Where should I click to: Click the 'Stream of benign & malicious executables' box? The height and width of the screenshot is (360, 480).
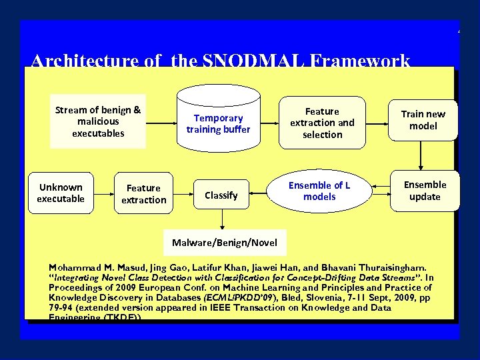tap(98, 121)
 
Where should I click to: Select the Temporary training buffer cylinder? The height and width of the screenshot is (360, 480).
tap(218, 123)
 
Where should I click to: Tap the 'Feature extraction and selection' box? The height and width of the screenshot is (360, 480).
tap(322, 123)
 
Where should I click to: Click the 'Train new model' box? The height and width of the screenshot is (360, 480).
tap(423, 120)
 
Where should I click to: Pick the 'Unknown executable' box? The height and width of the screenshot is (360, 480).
tap(61, 193)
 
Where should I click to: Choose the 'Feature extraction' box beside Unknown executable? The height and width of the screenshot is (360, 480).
tap(143, 194)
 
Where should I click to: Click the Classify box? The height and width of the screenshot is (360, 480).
tap(221, 195)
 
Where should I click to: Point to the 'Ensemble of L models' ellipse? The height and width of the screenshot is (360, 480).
tap(319, 191)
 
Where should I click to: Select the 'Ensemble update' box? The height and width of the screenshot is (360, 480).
tap(425, 191)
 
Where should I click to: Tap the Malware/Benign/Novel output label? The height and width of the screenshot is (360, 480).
tap(224, 243)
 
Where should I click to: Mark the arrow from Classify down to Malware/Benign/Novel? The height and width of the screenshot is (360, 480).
tap(222, 220)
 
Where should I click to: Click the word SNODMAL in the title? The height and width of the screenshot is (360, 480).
tap(259, 62)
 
